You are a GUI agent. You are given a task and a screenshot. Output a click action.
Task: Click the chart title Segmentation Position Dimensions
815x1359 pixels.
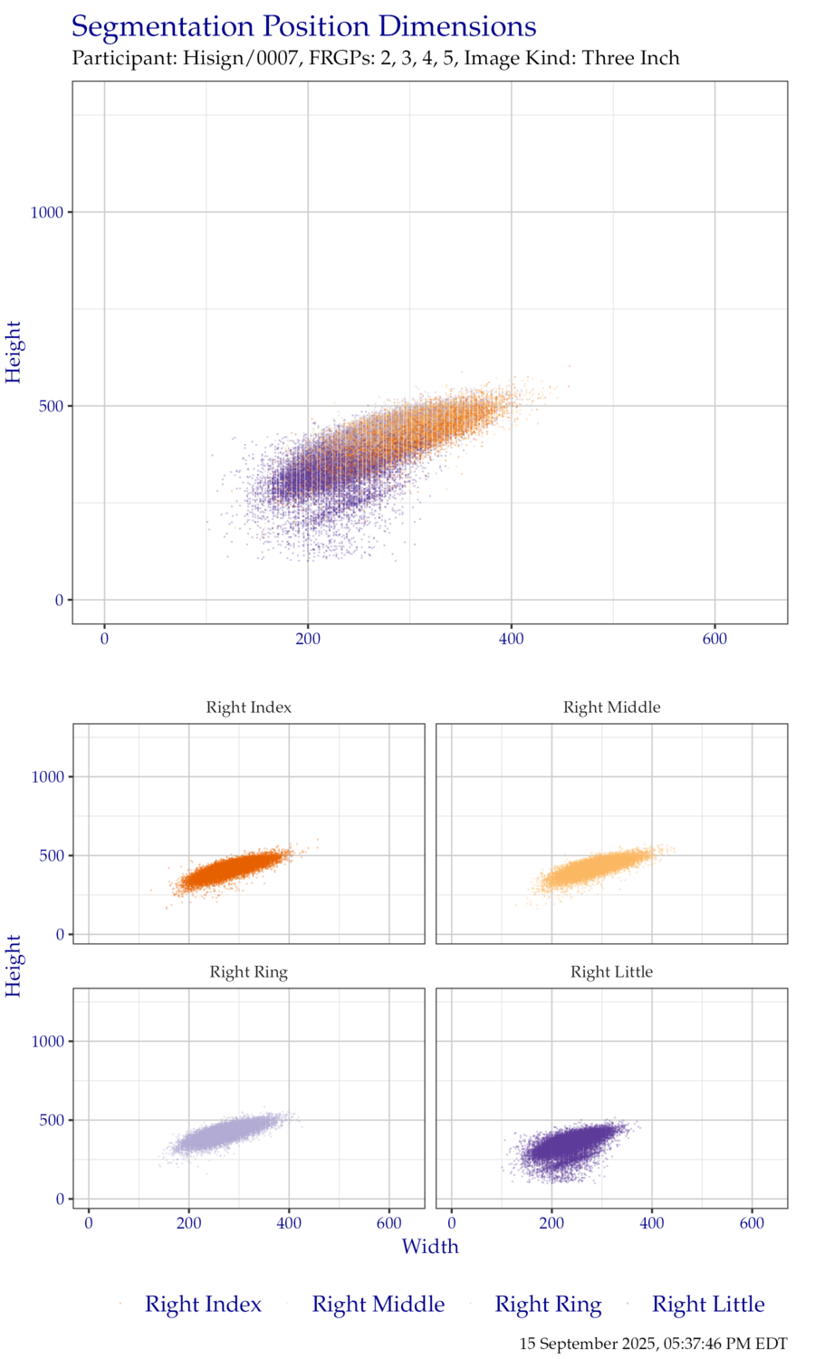(304, 27)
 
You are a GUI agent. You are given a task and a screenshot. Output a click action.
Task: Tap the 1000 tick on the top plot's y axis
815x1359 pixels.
(47, 213)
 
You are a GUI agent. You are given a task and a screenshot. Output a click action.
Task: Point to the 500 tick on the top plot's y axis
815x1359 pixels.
(53, 406)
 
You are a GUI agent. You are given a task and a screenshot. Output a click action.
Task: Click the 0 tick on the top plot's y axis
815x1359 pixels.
(60, 600)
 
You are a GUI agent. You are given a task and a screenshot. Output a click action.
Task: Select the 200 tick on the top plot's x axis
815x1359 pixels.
(308, 639)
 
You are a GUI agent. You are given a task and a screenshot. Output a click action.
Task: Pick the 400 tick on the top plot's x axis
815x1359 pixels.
(512, 639)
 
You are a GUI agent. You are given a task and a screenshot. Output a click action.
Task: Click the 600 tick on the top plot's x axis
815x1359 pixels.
(714, 639)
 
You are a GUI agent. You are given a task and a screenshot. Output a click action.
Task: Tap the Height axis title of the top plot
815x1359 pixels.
(14, 352)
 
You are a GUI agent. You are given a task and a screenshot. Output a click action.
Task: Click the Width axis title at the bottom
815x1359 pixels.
(430, 1247)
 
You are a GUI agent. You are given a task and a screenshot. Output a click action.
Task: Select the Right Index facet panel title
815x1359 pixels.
(249, 708)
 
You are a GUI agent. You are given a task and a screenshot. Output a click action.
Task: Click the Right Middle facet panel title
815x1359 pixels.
(612, 708)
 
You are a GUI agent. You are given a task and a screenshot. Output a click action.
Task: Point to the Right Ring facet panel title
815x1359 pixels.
(249, 972)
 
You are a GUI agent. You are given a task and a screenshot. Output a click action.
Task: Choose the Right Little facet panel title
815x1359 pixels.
(612, 972)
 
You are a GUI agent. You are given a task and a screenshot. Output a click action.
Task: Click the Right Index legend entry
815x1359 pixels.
(203, 1305)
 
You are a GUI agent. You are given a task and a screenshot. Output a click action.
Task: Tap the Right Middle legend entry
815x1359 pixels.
(378, 1305)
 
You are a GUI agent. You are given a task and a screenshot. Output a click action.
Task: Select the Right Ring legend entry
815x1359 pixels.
(547, 1305)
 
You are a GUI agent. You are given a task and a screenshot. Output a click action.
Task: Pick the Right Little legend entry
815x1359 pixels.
(708, 1305)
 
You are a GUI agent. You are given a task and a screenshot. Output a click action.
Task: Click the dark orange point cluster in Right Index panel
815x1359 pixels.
(231, 872)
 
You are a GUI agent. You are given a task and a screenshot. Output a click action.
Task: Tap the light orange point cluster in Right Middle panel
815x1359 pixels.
(593, 870)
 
